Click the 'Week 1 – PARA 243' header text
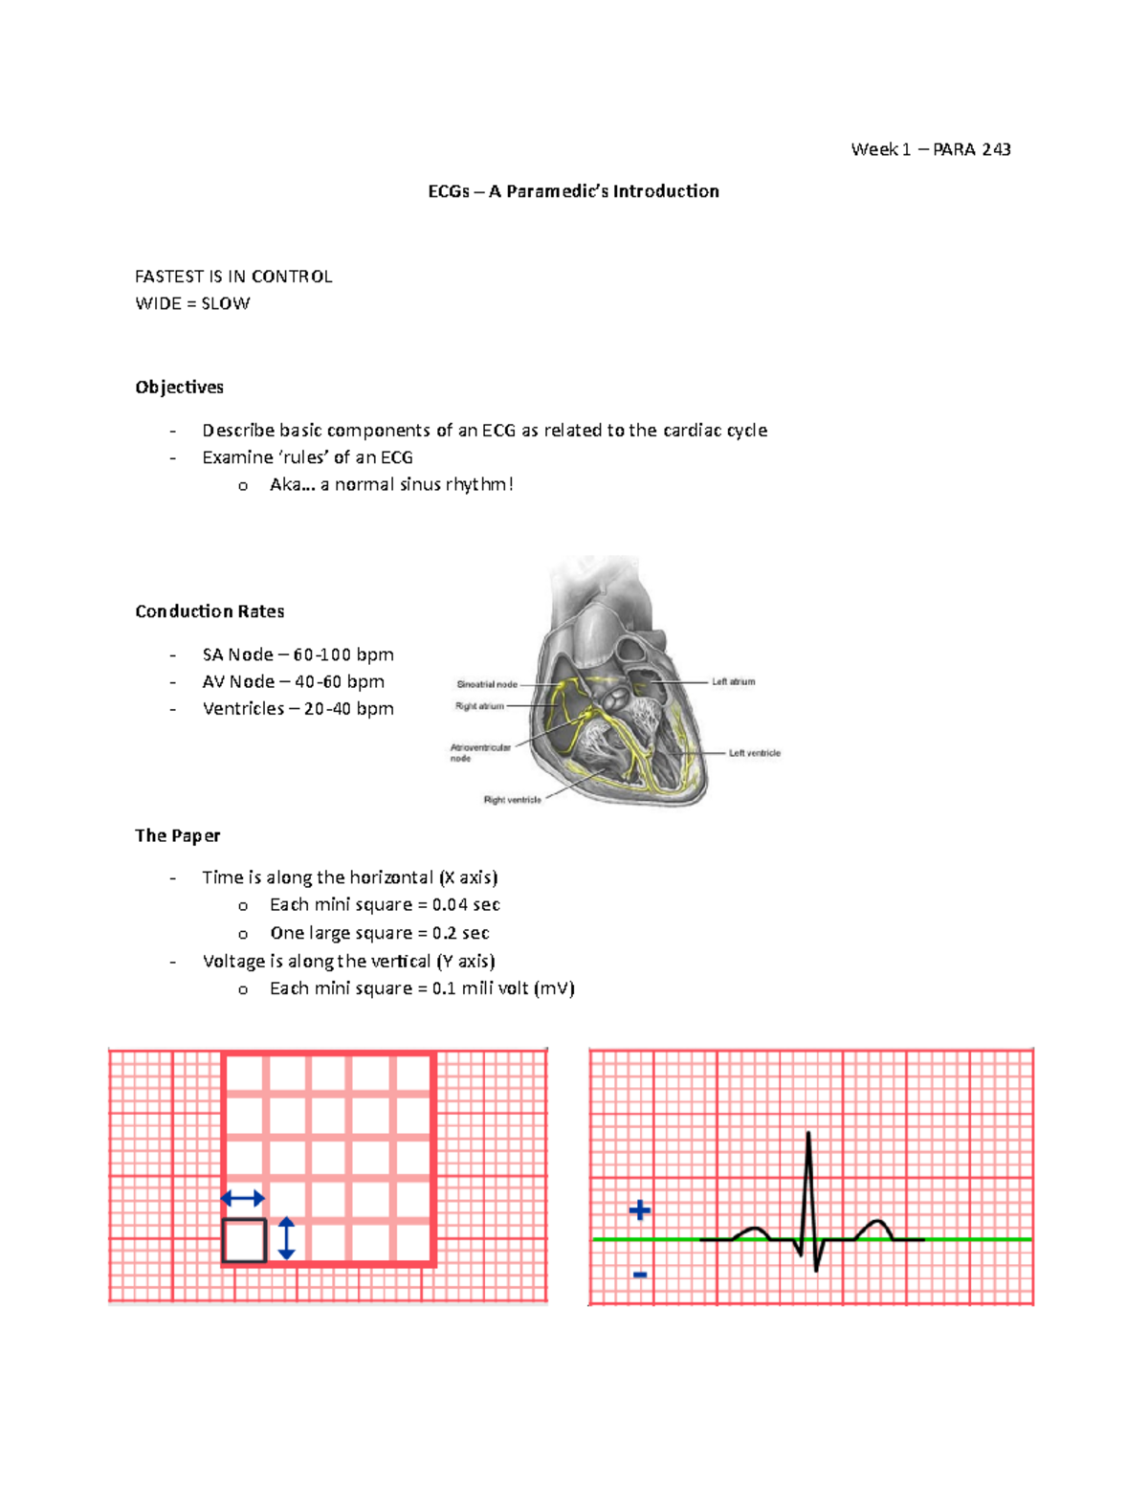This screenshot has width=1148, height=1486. pos(930,149)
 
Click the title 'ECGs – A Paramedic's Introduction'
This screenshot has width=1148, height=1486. pos(573,191)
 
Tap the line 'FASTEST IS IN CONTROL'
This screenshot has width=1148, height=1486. pos(233,277)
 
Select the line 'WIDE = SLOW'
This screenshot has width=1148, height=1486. pos(192,303)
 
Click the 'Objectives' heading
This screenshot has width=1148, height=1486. pos(179,387)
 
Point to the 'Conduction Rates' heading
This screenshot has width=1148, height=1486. pos(210,611)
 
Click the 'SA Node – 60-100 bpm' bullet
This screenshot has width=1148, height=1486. pos(298,654)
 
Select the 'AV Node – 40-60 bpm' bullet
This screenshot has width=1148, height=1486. pos(293,681)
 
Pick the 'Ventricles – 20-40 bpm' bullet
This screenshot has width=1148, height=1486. pos(298,708)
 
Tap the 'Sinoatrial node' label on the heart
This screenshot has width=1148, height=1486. pos(487,684)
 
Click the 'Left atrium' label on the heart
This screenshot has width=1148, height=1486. pos(733,682)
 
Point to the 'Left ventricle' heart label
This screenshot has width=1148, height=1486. pos(754,753)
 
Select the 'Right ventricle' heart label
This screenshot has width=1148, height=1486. pos(512,800)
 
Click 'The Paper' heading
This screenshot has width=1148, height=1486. pos(178,835)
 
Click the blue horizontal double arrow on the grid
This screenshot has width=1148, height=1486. pos(243,1198)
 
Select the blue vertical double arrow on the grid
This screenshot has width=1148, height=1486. pos(286,1238)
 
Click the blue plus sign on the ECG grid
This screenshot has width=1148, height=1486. pos(640,1211)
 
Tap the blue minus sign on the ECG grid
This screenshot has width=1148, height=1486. pos(640,1275)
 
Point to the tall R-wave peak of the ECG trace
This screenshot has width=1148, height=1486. pos(808,1137)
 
